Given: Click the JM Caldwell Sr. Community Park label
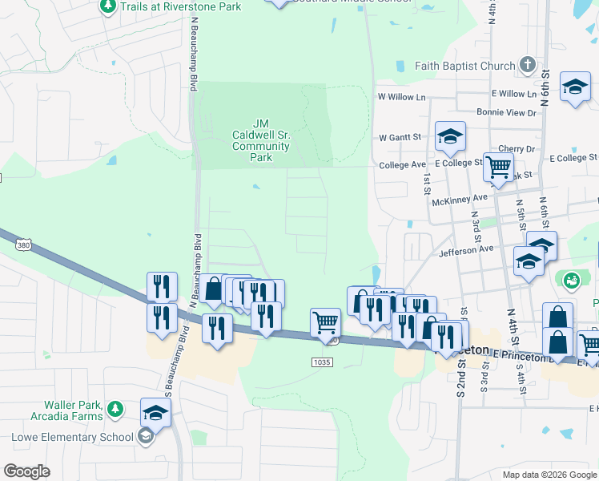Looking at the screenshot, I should [261, 140].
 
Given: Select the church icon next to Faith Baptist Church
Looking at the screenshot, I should [527, 64].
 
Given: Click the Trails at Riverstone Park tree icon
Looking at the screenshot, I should [108, 6].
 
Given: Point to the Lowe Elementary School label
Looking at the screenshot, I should [72, 437].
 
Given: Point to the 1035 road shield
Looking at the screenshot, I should [322, 362].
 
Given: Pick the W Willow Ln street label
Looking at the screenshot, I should [401, 97].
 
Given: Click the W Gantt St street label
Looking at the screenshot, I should [400, 138].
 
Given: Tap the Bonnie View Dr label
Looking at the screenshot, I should [505, 113].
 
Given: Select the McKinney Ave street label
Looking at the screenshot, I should [469, 198].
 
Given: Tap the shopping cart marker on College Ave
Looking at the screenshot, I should [499, 168].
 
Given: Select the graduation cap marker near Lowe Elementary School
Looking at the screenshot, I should [155, 413].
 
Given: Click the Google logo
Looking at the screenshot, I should [27, 471].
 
